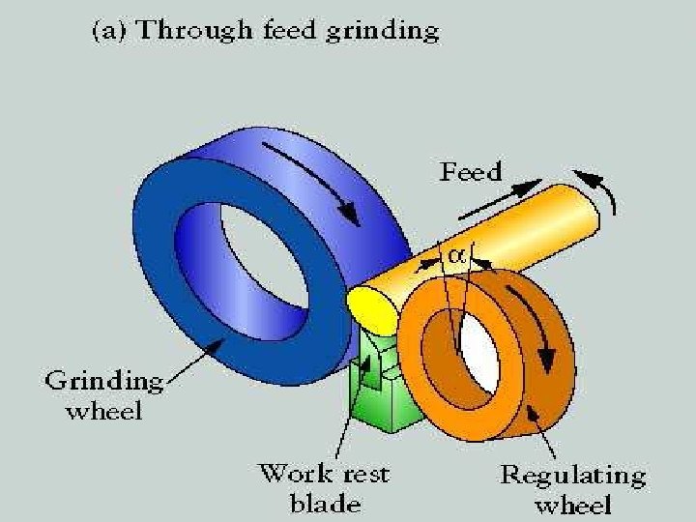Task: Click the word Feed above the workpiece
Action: click(472, 172)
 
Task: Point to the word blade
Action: click(325, 503)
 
